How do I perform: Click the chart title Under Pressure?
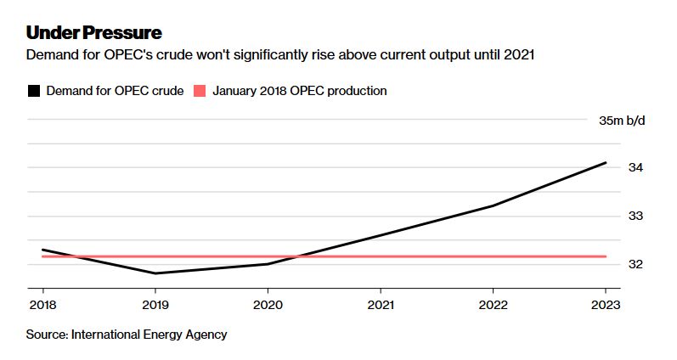coord(93,33)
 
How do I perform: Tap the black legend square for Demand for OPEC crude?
coord(34,91)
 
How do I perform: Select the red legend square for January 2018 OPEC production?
coord(200,91)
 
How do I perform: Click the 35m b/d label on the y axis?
coord(622,121)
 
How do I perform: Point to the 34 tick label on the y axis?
coord(635,168)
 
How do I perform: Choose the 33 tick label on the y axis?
coord(635,216)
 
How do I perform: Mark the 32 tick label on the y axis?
coord(635,264)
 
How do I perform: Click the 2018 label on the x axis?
coord(42,304)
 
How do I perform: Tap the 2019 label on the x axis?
coord(155,304)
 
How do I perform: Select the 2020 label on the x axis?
coord(268,304)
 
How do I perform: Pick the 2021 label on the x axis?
coord(381,304)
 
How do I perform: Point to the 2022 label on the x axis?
coord(494,304)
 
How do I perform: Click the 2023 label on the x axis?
coord(606,304)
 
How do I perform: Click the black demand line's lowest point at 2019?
coord(155,273)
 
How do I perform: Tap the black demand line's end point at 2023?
coord(606,162)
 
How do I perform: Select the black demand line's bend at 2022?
coord(494,205)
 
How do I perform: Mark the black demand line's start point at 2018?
coord(42,250)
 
